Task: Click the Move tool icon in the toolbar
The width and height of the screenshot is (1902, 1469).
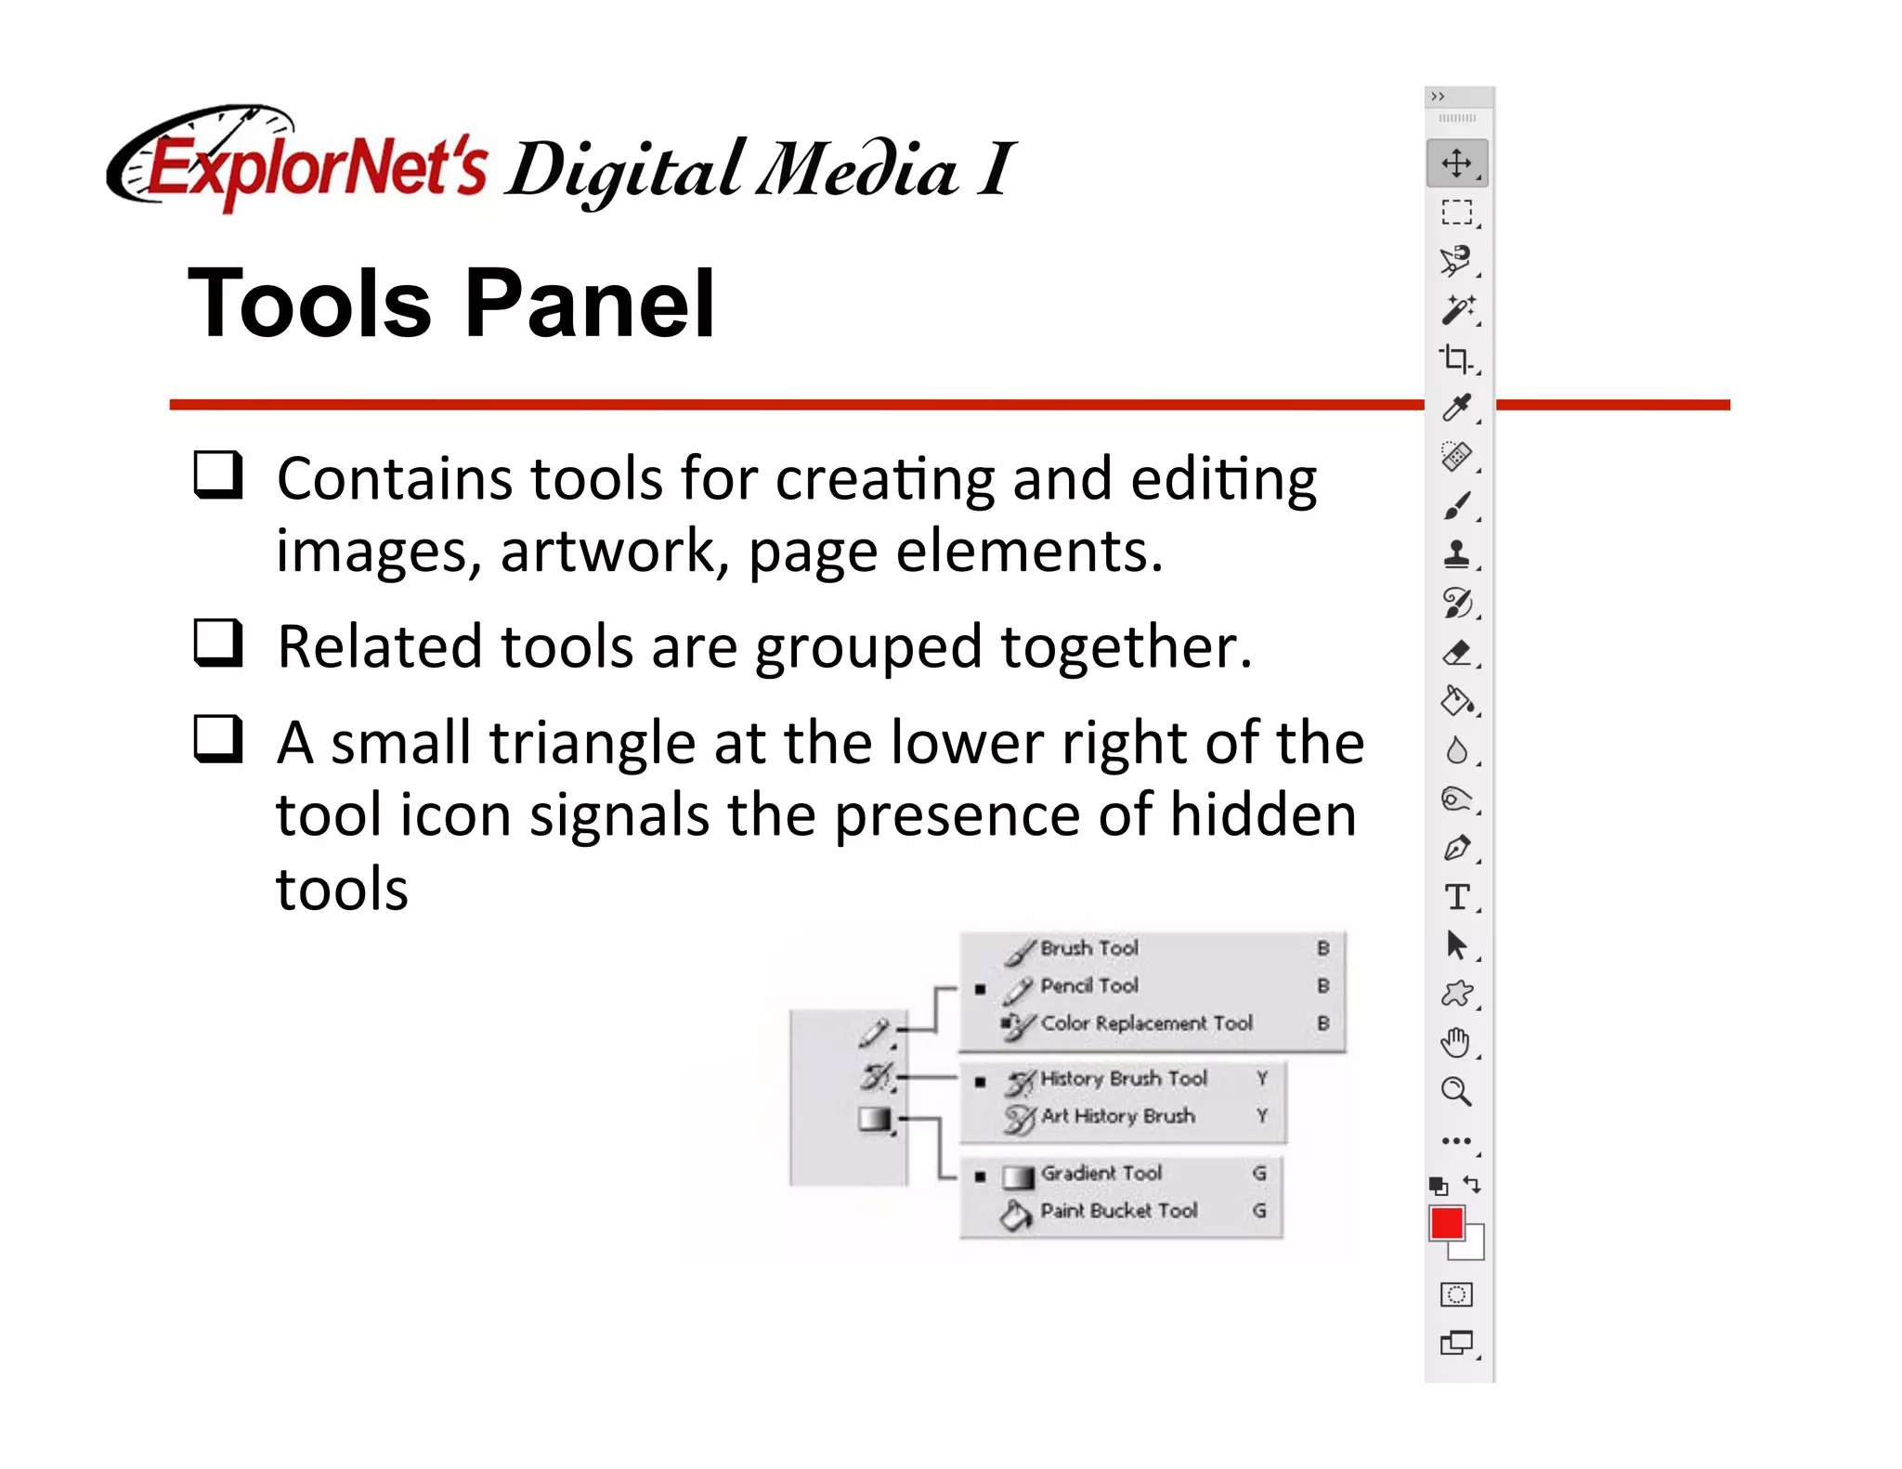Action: tap(1456, 163)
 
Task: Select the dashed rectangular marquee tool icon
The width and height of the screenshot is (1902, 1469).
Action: tap(1456, 213)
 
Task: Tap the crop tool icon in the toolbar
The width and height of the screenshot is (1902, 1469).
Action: tap(1455, 358)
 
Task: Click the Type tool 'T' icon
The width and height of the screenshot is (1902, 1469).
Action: tap(1456, 897)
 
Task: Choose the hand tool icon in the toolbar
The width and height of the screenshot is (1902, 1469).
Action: tap(1455, 1043)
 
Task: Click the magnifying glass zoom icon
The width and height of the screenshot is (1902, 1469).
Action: tap(1455, 1092)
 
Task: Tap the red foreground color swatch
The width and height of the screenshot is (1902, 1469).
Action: tap(1446, 1223)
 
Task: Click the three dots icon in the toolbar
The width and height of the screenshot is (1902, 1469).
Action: tap(1455, 1141)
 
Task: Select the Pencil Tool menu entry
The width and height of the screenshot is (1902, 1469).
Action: tap(1088, 986)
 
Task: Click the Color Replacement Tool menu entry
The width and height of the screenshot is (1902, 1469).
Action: tap(1146, 1023)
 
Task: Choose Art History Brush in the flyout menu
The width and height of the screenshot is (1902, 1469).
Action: tap(1117, 1116)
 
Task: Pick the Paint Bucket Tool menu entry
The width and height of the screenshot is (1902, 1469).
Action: tap(1118, 1211)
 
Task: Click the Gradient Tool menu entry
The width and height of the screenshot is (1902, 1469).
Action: tap(1101, 1174)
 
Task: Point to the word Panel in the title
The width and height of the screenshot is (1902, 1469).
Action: tap(589, 304)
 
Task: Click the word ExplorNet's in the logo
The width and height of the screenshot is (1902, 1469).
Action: tap(316, 169)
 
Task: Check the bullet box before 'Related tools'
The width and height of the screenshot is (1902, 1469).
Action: tap(218, 643)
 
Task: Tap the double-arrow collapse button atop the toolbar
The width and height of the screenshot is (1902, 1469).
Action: tap(1438, 97)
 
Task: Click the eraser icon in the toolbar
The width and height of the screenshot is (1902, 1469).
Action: tap(1456, 653)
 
